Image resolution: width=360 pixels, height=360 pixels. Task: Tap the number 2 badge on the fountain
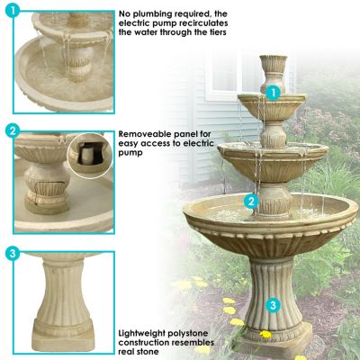pos(253,202)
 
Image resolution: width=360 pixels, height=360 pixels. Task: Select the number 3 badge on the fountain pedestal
pos(272,305)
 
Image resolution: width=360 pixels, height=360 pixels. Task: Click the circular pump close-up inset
pos(88,153)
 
